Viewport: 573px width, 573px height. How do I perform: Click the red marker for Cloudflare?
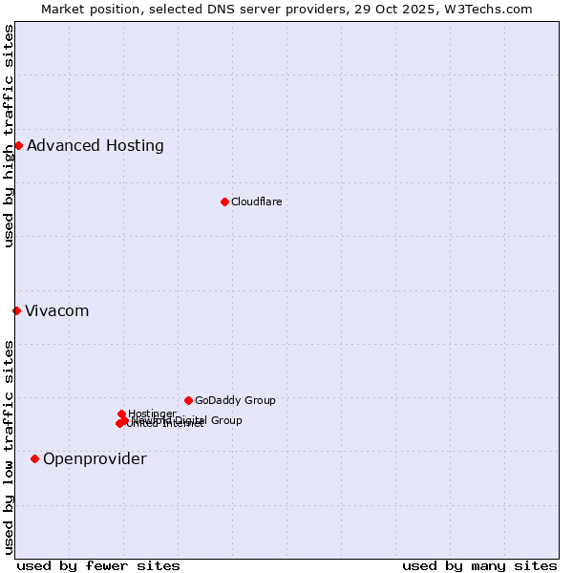(x=224, y=202)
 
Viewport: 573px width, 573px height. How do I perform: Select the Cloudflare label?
(x=256, y=202)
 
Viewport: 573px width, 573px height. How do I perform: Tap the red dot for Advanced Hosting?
(x=18, y=145)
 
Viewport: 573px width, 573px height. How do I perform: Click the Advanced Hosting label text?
(x=95, y=146)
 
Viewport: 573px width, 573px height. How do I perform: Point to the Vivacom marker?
(x=16, y=310)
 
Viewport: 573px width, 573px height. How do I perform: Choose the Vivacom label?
(x=56, y=311)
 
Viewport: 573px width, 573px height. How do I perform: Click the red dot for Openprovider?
(x=34, y=458)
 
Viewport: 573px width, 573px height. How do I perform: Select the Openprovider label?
(x=95, y=459)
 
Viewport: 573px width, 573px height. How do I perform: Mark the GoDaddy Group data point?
(x=188, y=400)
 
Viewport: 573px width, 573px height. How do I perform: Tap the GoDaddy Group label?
(x=235, y=400)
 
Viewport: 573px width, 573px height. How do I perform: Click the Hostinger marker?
(x=121, y=414)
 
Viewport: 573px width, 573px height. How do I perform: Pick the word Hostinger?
(x=152, y=414)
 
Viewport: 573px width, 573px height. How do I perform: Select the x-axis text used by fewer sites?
(x=98, y=565)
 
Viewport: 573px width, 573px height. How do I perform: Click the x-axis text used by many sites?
(x=479, y=565)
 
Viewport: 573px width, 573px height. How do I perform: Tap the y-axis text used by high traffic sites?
(x=9, y=136)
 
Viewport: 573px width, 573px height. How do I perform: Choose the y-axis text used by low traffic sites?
(x=9, y=447)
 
